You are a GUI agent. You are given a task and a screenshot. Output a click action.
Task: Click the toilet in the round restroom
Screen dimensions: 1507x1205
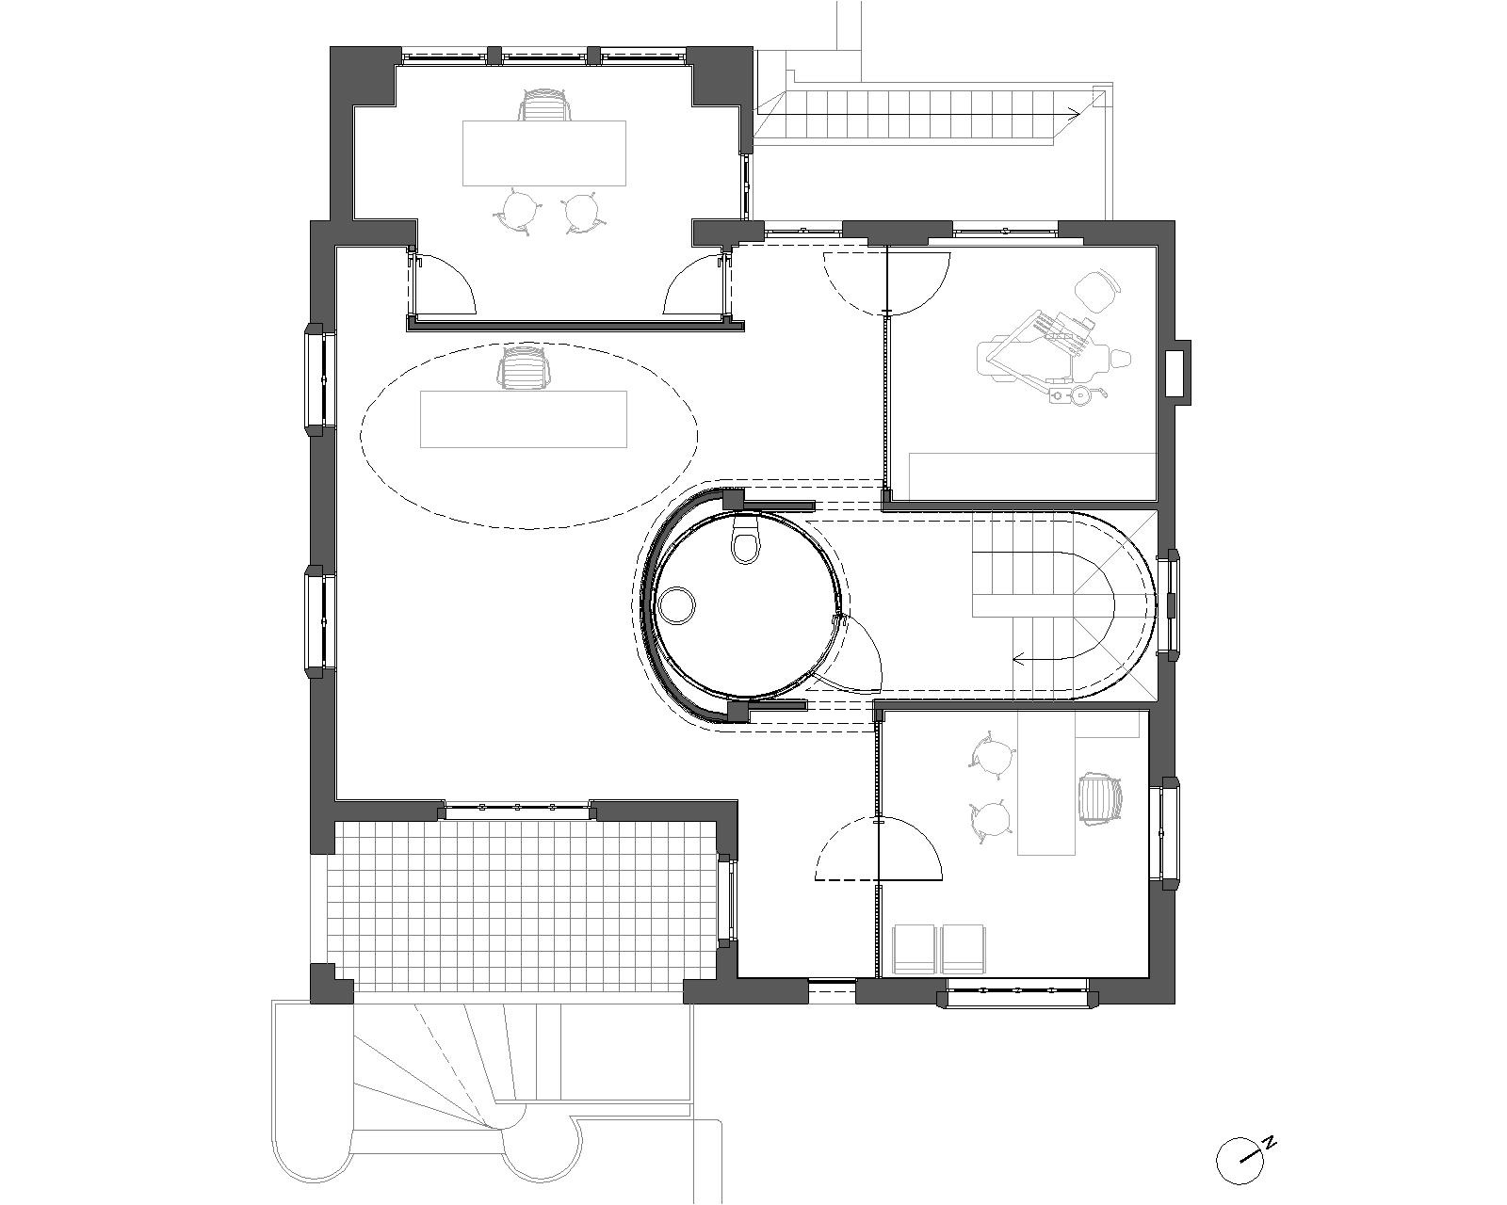pos(744,537)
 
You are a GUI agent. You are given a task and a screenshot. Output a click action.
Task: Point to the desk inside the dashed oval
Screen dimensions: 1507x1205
pos(523,419)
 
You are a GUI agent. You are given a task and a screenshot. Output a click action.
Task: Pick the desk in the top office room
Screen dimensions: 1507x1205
pos(543,153)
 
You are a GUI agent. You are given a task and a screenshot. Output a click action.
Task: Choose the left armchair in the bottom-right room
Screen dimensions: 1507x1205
pos(914,949)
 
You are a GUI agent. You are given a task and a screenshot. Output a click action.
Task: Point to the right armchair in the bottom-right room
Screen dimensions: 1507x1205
pos(964,949)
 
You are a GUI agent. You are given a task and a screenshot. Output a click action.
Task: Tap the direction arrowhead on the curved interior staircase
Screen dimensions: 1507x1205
pos(1018,658)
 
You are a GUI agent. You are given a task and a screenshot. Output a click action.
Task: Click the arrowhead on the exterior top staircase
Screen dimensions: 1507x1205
pos(1072,111)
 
